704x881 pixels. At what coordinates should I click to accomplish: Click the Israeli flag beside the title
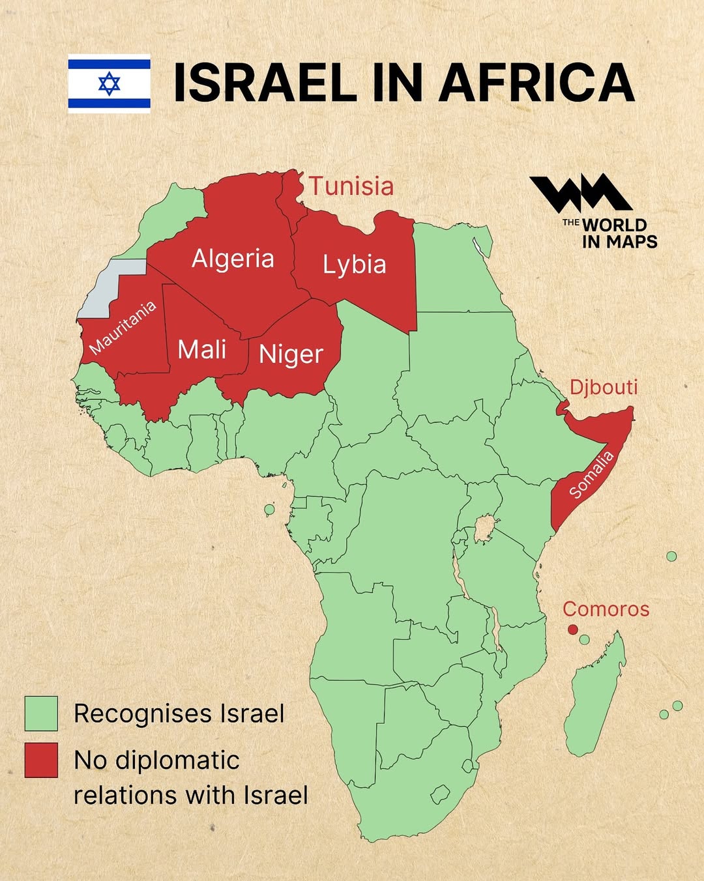pyautogui.click(x=109, y=83)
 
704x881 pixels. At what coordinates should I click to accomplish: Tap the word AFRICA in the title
pyautogui.click(x=536, y=83)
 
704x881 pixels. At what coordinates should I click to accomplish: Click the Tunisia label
pyautogui.click(x=351, y=186)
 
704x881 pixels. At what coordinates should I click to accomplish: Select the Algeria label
pyautogui.click(x=233, y=259)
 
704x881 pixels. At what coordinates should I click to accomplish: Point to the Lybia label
pyautogui.click(x=355, y=265)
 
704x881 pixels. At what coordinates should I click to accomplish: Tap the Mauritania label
pyautogui.click(x=123, y=327)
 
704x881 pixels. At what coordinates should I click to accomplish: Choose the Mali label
pyautogui.click(x=202, y=350)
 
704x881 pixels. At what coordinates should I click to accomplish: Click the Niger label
pyautogui.click(x=291, y=354)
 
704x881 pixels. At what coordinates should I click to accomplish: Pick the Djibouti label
pyautogui.click(x=604, y=387)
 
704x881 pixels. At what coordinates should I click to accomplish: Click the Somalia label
pyautogui.click(x=591, y=475)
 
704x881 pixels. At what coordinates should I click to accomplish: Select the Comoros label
pyautogui.click(x=606, y=609)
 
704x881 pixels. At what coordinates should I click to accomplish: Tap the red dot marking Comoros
pyautogui.click(x=572, y=629)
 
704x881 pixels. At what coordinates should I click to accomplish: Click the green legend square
pyautogui.click(x=41, y=714)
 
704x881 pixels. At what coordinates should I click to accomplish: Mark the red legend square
pyautogui.click(x=41, y=760)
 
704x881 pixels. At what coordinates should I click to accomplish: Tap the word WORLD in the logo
pyautogui.click(x=614, y=225)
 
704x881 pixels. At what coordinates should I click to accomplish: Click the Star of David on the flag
pyautogui.click(x=109, y=83)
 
